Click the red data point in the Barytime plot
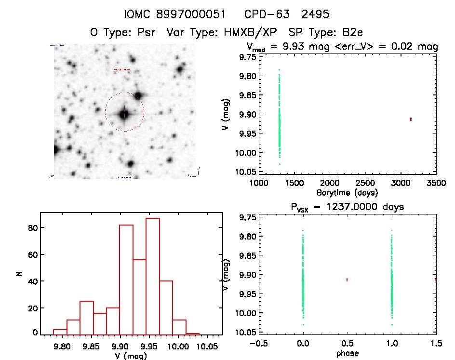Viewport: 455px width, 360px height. pyautogui.click(x=411, y=119)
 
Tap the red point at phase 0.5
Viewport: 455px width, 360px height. pyautogui.click(x=347, y=280)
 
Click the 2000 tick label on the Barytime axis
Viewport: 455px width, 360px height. pyautogui.click(x=330, y=184)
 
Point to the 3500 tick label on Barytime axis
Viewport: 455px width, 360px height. pyautogui.click(x=436, y=184)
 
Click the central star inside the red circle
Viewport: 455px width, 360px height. pyautogui.click(x=124, y=114)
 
